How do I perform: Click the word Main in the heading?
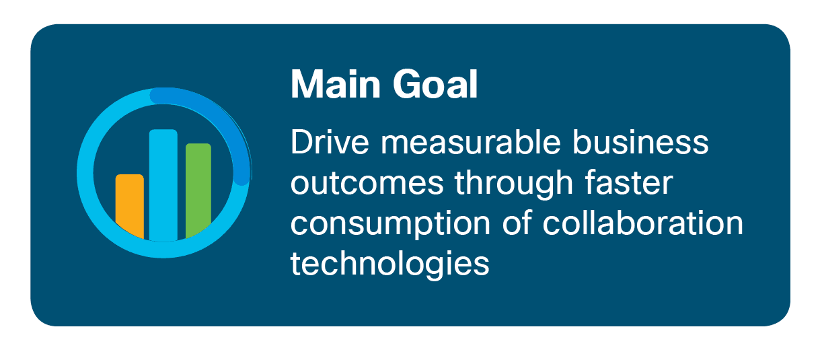tap(335, 84)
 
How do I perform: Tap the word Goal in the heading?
tap(435, 84)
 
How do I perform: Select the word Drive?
tap(330, 142)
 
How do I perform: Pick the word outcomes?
tap(367, 183)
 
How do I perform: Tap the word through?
tap(514, 184)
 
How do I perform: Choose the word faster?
tap(628, 182)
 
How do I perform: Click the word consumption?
tap(390, 225)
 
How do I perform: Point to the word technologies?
tap(390, 264)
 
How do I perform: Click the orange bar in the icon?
tap(130, 206)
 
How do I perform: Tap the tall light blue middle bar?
tap(163, 185)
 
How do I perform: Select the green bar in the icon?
tap(198, 190)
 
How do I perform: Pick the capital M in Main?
tap(306, 84)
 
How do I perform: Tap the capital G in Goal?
tap(406, 84)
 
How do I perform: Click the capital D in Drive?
tap(301, 142)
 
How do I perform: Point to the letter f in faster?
tap(590, 182)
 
